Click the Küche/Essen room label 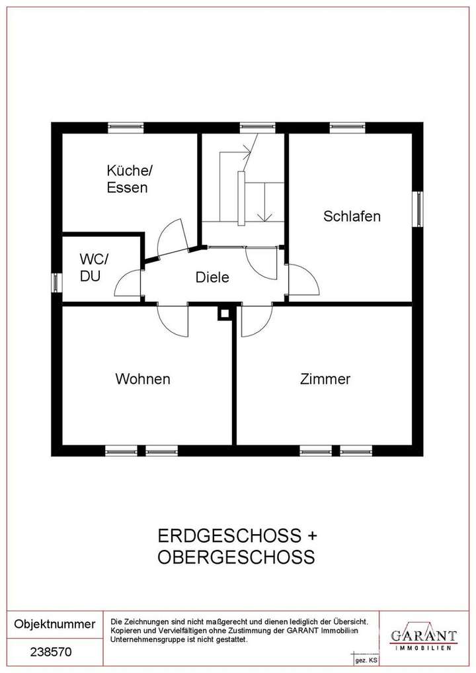(129, 179)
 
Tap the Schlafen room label (352, 216)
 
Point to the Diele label (212, 278)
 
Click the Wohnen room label (143, 379)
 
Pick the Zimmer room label (325, 379)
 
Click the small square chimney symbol (225, 314)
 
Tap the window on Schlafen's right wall (418, 209)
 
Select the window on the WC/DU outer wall (56, 282)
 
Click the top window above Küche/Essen (126, 127)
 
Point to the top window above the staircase (257, 127)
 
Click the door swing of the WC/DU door (129, 283)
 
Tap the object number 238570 (51, 651)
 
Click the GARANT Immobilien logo (423, 637)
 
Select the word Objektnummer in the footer (55, 624)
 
